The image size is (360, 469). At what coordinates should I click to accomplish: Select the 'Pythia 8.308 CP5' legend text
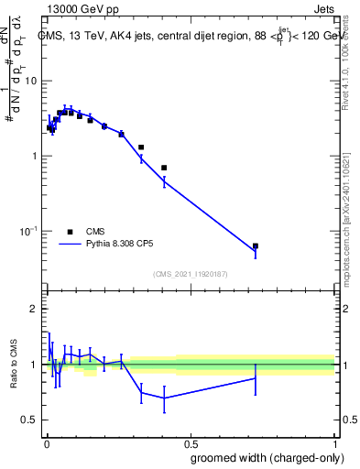pyautogui.click(x=125, y=245)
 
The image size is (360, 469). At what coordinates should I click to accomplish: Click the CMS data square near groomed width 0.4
pyautogui.click(x=164, y=168)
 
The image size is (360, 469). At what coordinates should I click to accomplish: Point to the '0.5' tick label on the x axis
pyautogui.click(x=190, y=442)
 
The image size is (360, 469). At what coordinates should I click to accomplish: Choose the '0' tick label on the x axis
pyautogui.click(x=46, y=442)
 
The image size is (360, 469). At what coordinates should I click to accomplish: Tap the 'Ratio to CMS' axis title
pyautogui.click(x=14, y=364)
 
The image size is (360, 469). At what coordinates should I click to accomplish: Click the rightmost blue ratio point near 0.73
pyautogui.click(x=256, y=377)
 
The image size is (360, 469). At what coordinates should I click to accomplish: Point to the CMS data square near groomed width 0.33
pyautogui.click(x=141, y=147)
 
